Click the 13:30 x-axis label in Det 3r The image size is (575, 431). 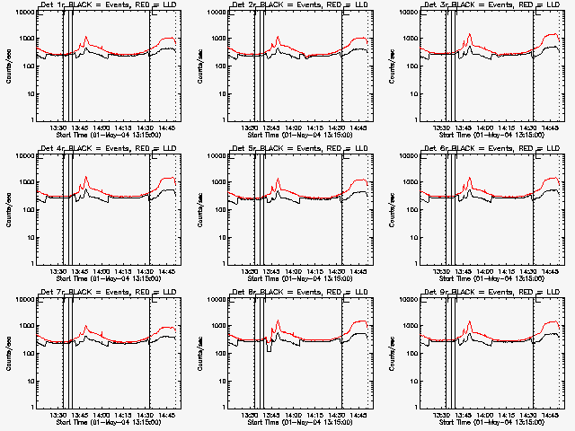tap(443, 128)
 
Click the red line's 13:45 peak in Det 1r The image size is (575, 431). tap(85, 38)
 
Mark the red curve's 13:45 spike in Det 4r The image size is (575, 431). tap(85, 177)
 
